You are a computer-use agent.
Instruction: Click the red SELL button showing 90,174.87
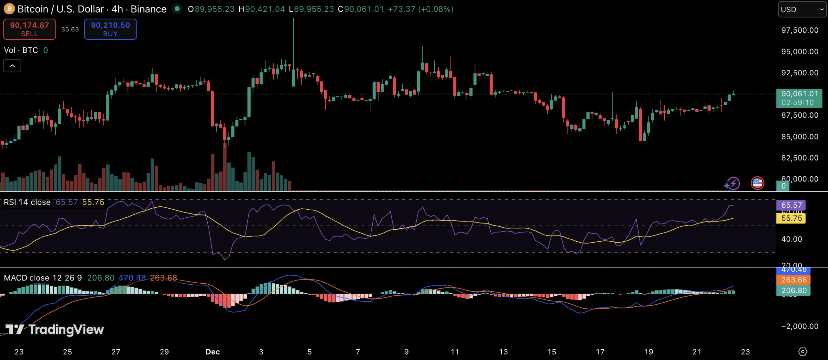click(x=29, y=29)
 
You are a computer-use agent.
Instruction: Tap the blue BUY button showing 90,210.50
click(x=110, y=29)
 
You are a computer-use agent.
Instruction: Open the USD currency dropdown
click(x=802, y=9)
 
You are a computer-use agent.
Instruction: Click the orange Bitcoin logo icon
click(x=9, y=9)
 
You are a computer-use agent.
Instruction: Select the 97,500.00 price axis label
click(x=800, y=30)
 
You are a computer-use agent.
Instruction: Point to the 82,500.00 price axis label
click(x=800, y=158)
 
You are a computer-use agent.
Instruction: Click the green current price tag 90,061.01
click(x=799, y=98)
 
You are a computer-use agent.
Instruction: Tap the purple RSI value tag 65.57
click(x=791, y=205)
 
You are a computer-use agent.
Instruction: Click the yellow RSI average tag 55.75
click(x=791, y=218)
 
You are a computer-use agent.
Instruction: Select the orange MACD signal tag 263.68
click(x=794, y=280)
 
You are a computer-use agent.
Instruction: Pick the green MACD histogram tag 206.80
click(x=794, y=290)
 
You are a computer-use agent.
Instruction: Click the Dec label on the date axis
click(x=212, y=352)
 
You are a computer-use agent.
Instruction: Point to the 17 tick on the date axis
click(x=600, y=352)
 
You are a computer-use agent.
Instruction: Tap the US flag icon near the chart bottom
click(x=757, y=183)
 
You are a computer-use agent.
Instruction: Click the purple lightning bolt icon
click(x=733, y=183)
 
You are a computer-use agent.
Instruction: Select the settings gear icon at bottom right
click(x=802, y=352)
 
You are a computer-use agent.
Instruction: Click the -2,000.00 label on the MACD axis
click(x=800, y=326)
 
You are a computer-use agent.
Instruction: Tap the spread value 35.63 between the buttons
click(x=70, y=29)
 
